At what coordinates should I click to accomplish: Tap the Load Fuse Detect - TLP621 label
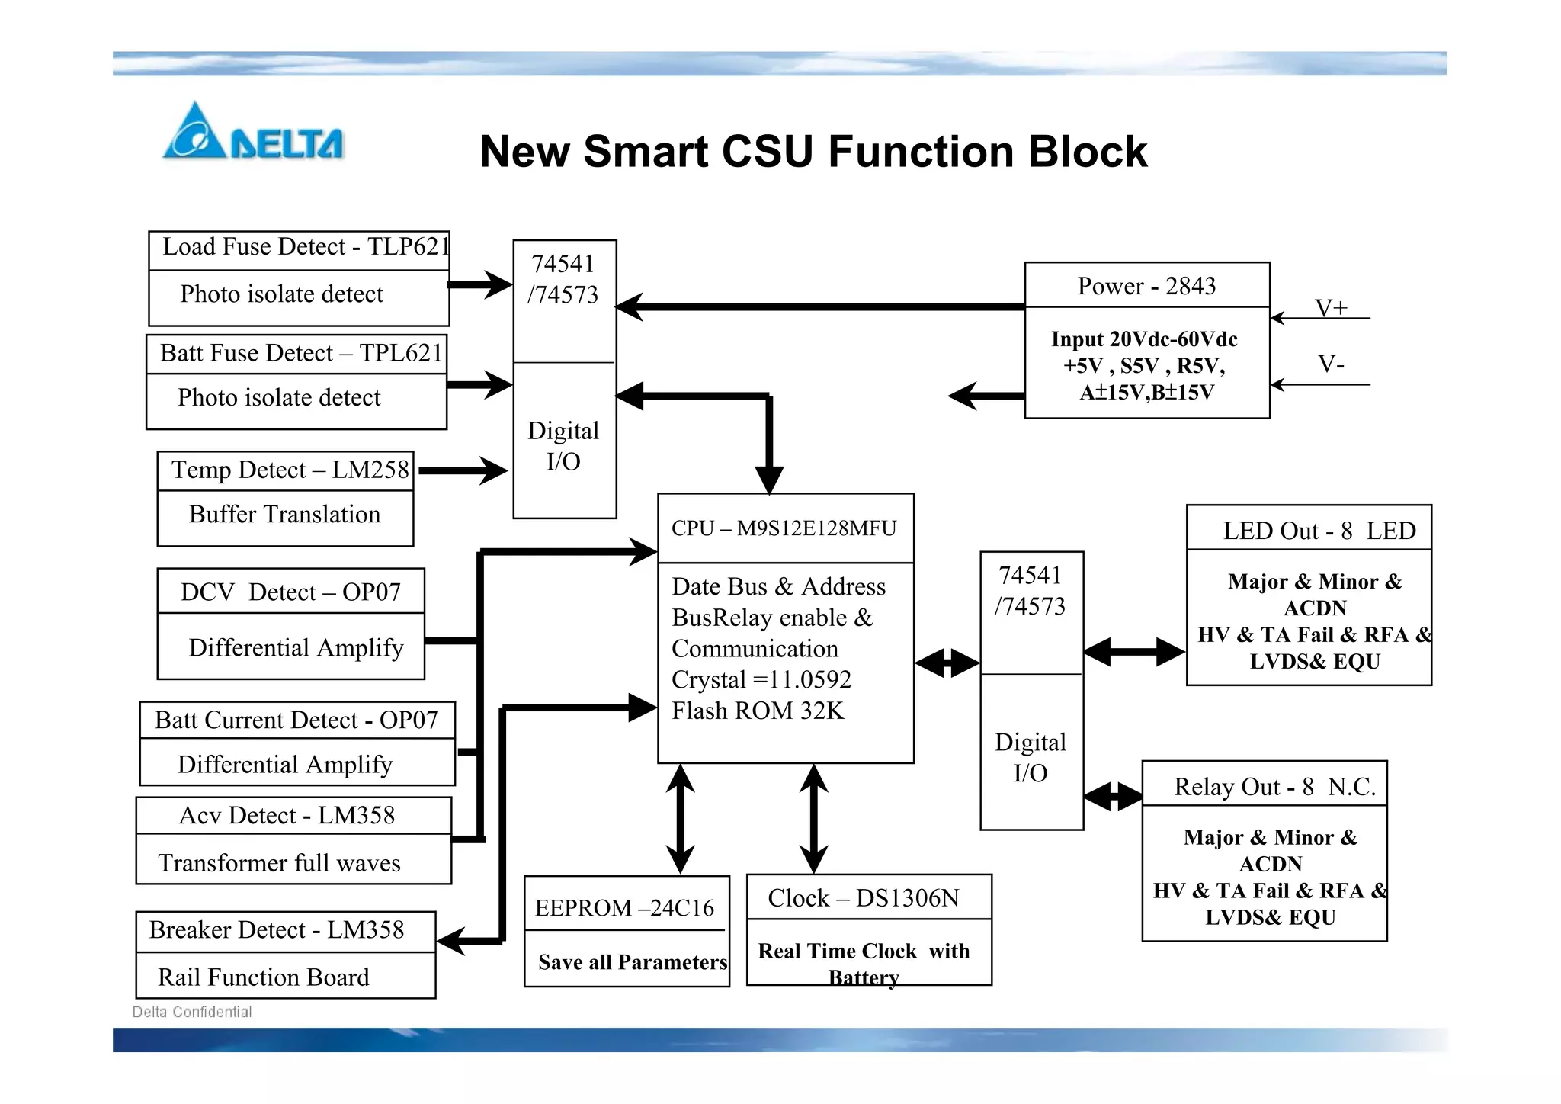(x=305, y=247)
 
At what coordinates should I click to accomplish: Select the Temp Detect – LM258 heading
(x=290, y=470)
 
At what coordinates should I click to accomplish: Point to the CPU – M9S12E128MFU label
(x=784, y=528)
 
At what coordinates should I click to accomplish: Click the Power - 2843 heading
(x=1146, y=286)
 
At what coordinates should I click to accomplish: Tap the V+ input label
(x=1331, y=307)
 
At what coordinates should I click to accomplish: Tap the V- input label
(x=1331, y=364)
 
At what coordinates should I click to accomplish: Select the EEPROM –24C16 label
(x=624, y=908)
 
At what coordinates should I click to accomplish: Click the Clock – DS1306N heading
(x=864, y=898)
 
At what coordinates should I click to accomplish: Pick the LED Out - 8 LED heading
(x=1319, y=531)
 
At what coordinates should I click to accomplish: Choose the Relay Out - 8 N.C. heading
(x=1274, y=787)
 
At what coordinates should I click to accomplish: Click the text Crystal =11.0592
(x=761, y=679)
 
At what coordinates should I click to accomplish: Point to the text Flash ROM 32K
(x=758, y=711)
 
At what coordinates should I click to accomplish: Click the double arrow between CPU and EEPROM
(x=680, y=819)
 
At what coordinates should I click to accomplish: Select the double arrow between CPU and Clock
(x=814, y=819)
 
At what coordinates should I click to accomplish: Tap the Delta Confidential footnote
(x=192, y=1012)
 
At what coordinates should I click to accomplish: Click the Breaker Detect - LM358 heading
(x=277, y=930)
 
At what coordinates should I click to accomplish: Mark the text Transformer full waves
(x=279, y=863)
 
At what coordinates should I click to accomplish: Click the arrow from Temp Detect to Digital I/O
(x=462, y=470)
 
